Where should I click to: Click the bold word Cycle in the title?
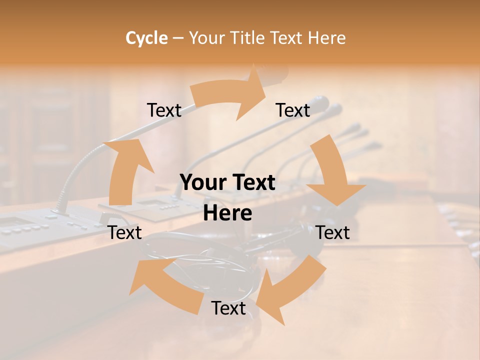(146, 38)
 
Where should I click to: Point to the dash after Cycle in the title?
(178, 38)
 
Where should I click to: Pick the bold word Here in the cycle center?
(227, 213)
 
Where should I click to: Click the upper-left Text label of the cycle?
(164, 110)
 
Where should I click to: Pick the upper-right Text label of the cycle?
(293, 110)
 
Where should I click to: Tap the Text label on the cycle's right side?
(332, 232)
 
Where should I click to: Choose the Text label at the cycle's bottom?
(228, 308)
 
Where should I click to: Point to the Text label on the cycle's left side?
(125, 232)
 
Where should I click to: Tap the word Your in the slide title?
(207, 38)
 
